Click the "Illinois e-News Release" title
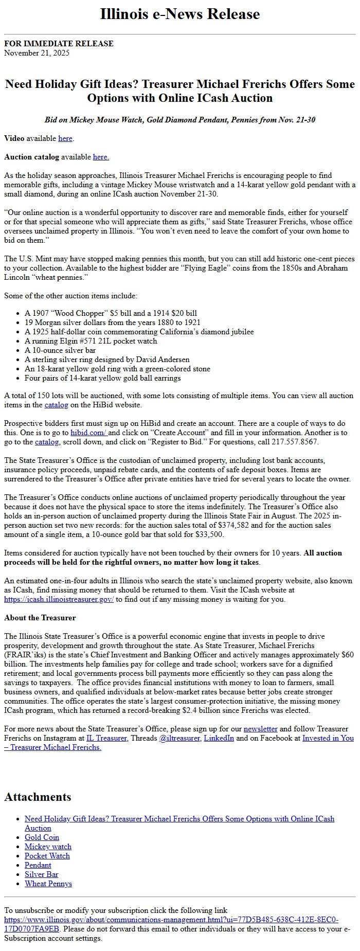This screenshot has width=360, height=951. click(179, 14)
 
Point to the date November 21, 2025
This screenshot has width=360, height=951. click(37, 53)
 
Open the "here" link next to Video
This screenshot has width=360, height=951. click(65, 138)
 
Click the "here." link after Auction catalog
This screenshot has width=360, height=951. click(101, 157)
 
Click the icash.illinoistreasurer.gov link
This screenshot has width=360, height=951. click(59, 599)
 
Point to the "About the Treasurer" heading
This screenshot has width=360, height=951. click(40, 618)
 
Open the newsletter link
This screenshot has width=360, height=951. click(260, 729)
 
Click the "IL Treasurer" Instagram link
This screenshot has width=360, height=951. click(106, 738)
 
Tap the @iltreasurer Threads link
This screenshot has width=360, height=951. click(180, 738)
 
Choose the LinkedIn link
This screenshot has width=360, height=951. click(219, 738)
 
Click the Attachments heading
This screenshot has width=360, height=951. click(38, 797)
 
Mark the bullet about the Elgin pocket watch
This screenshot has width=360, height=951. click(91, 341)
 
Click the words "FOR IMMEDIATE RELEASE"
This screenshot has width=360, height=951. click(59, 44)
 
